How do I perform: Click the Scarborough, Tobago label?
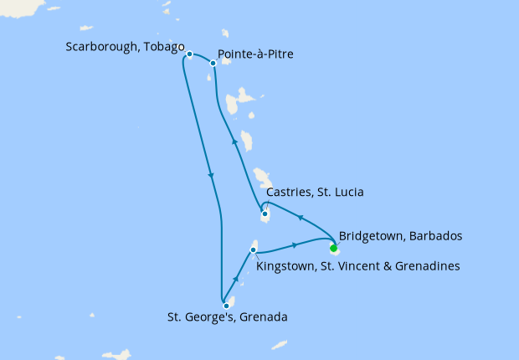tap(124, 47)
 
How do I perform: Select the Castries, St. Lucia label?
tap(314, 193)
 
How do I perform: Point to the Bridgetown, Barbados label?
tap(400, 236)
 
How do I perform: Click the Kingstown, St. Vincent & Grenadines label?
tap(357, 266)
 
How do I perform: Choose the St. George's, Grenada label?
tap(228, 317)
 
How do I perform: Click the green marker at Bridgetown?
tap(333, 248)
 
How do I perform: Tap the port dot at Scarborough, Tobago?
tap(190, 54)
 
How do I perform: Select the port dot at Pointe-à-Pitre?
tap(213, 63)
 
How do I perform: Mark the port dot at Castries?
tap(265, 214)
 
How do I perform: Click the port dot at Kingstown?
tap(254, 249)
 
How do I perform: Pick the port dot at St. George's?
tap(226, 306)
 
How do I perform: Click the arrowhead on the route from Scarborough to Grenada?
tap(211, 175)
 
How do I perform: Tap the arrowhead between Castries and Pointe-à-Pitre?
tap(234, 143)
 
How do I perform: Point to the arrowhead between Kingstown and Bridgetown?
tap(295, 245)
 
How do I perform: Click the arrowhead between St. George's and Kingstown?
tap(238, 279)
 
